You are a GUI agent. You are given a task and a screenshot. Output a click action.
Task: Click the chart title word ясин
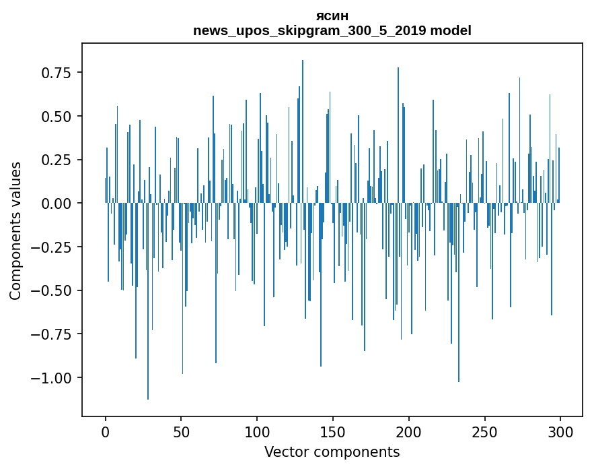pyautogui.click(x=332, y=16)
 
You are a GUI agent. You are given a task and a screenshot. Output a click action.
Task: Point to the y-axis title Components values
pyautogui.click(x=15, y=230)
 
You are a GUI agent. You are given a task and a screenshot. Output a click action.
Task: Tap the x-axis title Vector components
pyautogui.click(x=332, y=452)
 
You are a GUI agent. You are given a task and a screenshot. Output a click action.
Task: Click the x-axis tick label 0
pyautogui.click(x=106, y=433)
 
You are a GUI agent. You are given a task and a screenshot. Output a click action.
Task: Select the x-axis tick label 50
pyautogui.click(x=181, y=433)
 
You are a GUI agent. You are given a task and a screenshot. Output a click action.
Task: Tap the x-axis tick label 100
pyautogui.click(x=257, y=433)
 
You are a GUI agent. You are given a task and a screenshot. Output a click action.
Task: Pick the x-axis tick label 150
pyautogui.click(x=333, y=433)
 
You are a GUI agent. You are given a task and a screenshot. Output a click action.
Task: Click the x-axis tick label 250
pyautogui.click(x=484, y=433)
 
